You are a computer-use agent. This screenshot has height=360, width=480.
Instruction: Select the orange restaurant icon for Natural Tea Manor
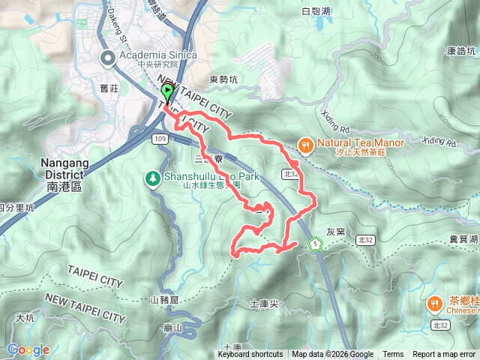pyautogui.click(x=305, y=144)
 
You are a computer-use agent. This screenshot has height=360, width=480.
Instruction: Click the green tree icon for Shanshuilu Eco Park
pyautogui.click(x=152, y=178)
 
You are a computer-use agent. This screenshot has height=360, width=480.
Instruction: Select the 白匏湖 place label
pyautogui.click(x=315, y=11)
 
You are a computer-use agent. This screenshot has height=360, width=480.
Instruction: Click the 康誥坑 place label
pyautogui.click(x=460, y=51)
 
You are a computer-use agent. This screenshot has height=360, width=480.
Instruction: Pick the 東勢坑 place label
pyautogui.click(x=223, y=79)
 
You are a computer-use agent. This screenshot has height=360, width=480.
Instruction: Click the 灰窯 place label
pyautogui.click(x=335, y=231)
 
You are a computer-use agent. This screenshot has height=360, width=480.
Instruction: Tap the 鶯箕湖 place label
pyautogui.click(x=463, y=238)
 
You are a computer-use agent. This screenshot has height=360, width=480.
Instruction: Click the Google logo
pyautogui.click(x=28, y=349)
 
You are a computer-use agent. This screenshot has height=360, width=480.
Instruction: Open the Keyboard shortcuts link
pyautogui.click(x=250, y=355)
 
